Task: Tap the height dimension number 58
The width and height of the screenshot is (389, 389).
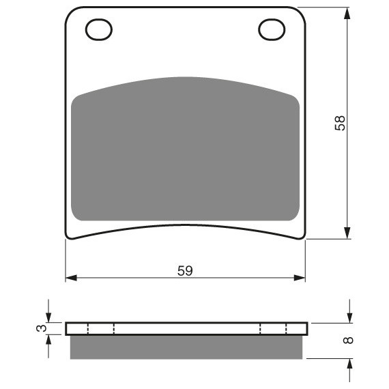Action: tap(340, 123)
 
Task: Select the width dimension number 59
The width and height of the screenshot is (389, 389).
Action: tap(185, 271)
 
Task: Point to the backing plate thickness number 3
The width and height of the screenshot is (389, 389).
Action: tap(42, 328)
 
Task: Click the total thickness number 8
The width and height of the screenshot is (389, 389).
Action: tap(348, 340)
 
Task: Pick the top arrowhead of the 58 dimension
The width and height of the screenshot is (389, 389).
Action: tap(347, 14)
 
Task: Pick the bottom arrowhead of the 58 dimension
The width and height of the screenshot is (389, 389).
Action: tap(347, 233)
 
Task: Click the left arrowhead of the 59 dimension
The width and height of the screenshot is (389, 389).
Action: tap(72, 278)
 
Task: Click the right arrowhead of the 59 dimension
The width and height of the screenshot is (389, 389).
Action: tap(299, 278)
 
